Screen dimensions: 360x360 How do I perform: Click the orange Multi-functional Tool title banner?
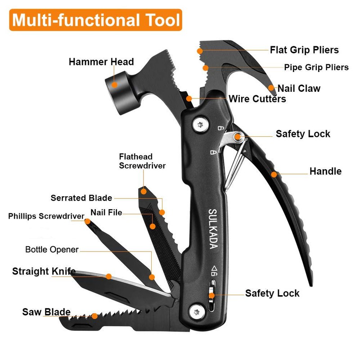[x=95, y=20]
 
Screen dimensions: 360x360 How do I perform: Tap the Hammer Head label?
[x=101, y=62]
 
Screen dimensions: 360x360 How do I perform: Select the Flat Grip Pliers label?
[x=304, y=50]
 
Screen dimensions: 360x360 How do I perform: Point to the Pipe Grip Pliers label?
[x=316, y=67]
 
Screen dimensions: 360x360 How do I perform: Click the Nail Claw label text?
[x=299, y=88]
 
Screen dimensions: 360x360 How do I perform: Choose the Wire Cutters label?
[x=257, y=99]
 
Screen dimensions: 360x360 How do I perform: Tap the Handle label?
[x=325, y=171]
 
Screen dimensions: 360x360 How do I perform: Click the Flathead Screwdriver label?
[x=142, y=161]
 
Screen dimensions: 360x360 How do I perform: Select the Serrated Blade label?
[x=81, y=198]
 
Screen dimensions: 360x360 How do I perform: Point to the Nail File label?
[x=106, y=212]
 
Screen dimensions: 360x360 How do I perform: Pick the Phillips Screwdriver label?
[x=46, y=216]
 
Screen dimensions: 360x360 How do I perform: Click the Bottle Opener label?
[x=52, y=249]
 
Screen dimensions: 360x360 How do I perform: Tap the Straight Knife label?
[x=44, y=271]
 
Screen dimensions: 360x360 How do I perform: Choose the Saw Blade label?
[x=46, y=312]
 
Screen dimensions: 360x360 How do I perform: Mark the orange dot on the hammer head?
[x=114, y=84]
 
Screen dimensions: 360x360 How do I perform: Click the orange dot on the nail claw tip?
[x=271, y=87]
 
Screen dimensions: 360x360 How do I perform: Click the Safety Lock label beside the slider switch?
[x=272, y=293]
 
